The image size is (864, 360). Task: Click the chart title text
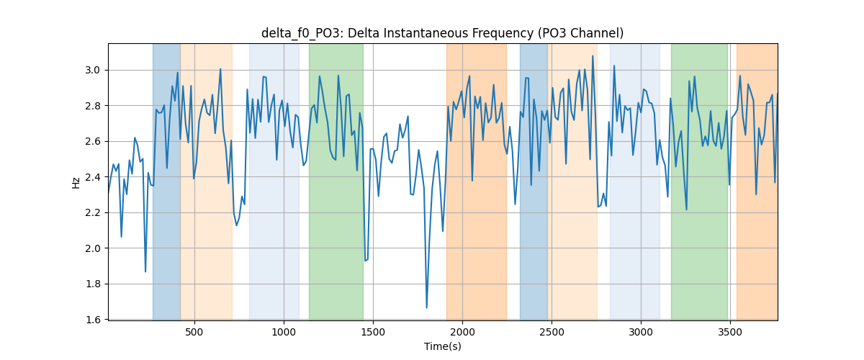tap(442, 34)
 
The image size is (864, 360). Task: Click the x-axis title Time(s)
tap(442, 346)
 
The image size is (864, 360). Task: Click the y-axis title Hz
tap(76, 182)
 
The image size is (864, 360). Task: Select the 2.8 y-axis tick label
tap(92, 106)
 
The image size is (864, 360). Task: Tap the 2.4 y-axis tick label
tap(92, 177)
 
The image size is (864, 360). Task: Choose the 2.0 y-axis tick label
tap(92, 248)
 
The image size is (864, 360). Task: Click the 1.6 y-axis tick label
tap(92, 320)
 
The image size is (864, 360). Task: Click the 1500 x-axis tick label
tap(373, 332)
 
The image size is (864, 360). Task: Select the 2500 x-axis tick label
tap(552, 332)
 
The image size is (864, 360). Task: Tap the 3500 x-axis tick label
tap(730, 332)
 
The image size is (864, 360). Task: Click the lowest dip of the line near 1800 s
tap(426, 307)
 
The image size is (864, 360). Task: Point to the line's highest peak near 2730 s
tap(593, 55)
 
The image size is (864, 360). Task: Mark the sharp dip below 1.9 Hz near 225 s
tap(145, 271)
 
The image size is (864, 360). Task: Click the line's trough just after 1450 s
tap(365, 261)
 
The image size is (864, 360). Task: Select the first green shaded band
tap(336, 181)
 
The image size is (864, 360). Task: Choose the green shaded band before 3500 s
tap(699, 181)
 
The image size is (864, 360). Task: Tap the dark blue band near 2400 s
tap(534, 181)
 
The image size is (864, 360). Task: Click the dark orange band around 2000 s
tap(477, 181)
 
